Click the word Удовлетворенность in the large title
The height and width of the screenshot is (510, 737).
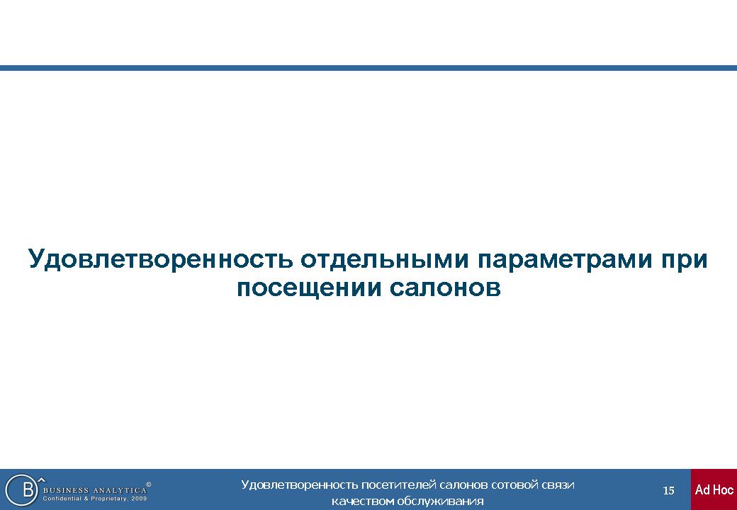click(x=160, y=259)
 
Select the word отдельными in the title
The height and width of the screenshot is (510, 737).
click(x=385, y=259)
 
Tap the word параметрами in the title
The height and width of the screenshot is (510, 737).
click(x=565, y=260)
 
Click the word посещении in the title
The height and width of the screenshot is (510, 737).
click(x=308, y=288)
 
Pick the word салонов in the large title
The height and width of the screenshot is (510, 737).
click(x=444, y=288)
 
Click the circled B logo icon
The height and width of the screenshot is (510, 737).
click(x=21, y=489)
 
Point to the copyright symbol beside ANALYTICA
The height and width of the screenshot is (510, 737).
click(x=149, y=484)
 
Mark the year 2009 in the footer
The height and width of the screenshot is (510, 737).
click(x=140, y=499)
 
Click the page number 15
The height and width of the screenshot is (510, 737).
click(x=668, y=491)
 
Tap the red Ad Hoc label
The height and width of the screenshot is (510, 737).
click(x=714, y=489)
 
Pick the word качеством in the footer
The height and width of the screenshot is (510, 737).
click(x=363, y=501)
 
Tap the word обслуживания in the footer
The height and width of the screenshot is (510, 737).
click(x=440, y=501)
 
